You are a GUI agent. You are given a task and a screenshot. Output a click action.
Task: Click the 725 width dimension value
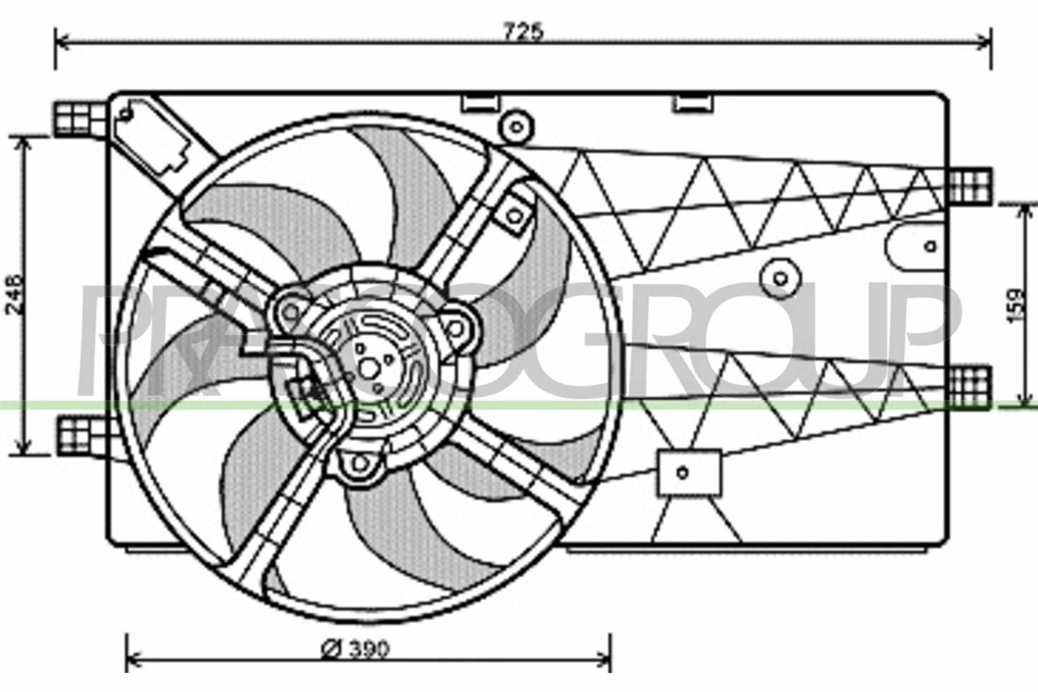[x=524, y=32]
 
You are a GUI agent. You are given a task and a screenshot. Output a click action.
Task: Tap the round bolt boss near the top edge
[x=516, y=128]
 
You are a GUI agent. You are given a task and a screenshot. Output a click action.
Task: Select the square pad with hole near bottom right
[x=689, y=473]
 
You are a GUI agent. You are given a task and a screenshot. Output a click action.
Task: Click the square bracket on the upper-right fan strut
[x=513, y=215]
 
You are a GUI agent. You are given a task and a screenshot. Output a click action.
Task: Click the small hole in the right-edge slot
[x=930, y=246]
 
